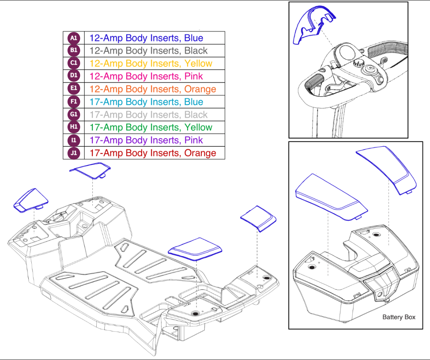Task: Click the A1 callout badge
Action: [73, 38]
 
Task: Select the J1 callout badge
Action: [73, 153]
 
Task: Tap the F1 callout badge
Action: [73, 102]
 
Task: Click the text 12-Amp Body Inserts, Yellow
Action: [151, 63]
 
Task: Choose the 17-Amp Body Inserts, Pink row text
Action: [146, 140]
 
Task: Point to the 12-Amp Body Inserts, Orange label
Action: [153, 89]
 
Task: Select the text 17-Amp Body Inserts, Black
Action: [148, 115]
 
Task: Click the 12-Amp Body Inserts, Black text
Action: [148, 51]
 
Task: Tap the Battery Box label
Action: [399, 317]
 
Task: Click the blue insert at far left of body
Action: [31, 200]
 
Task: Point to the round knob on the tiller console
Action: [357, 64]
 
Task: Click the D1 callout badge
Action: [73, 76]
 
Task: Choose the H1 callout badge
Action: [73, 127]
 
